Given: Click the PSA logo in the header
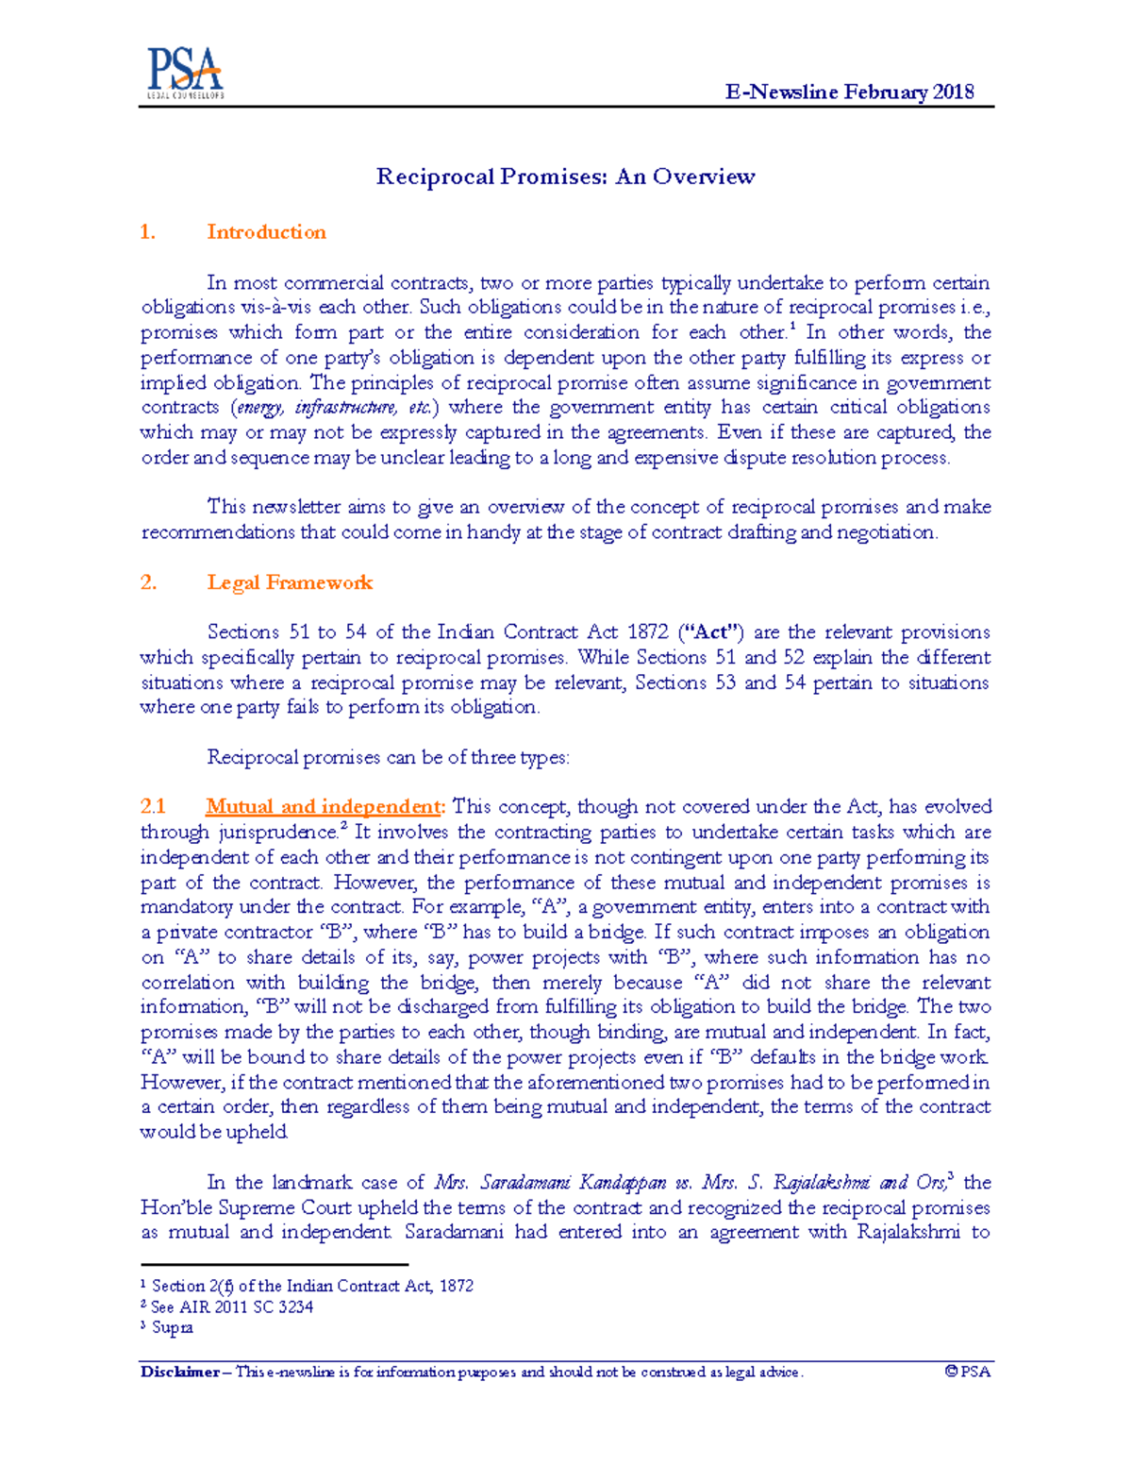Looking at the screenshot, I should pyautogui.click(x=185, y=73).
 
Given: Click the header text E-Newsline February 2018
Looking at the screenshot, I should pyautogui.click(x=849, y=92).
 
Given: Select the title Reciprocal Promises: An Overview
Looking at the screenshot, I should pyautogui.click(x=565, y=177).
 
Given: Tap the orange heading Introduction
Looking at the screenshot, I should pyautogui.click(x=266, y=232).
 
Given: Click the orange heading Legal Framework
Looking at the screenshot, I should pyautogui.click(x=290, y=582).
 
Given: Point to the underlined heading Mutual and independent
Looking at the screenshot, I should pyautogui.click(x=324, y=807).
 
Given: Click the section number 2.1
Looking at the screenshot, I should pyautogui.click(x=153, y=807).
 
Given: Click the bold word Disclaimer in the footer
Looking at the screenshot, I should pyautogui.click(x=179, y=1373).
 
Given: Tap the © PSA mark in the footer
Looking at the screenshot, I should pyautogui.click(x=967, y=1373).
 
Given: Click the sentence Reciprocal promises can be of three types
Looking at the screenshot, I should pyautogui.click(x=388, y=757).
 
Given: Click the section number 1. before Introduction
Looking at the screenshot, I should pyautogui.click(x=147, y=232).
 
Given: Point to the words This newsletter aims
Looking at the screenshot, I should pyautogui.click(x=283, y=507).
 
